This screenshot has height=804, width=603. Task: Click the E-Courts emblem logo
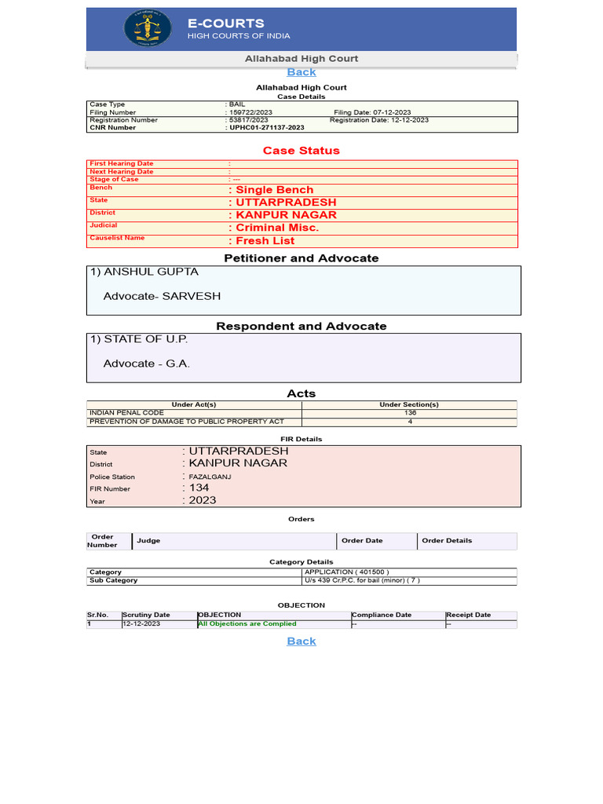(148, 29)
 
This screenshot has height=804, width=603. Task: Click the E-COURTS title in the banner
(225, 24)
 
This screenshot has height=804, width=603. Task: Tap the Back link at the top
(301, 71)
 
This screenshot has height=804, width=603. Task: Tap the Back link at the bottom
(301, 641)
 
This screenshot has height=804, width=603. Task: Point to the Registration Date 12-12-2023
(379, 120)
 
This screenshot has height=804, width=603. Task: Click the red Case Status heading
(301, 150)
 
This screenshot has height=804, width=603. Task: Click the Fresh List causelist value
(265, 241)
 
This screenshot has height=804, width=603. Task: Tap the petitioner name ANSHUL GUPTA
(144, 272)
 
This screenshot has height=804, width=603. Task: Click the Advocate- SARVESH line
(162, 296)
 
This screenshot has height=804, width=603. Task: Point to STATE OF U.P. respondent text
(139, 339)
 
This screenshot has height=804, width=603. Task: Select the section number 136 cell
(409, 413)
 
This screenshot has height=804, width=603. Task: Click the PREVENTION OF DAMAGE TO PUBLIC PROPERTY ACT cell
(187, 422)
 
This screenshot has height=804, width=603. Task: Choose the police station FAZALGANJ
(209, 477)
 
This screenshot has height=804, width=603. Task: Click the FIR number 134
(199, 488)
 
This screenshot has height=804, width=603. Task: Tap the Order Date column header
(362, 540)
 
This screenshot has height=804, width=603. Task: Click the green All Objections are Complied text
(247, 623)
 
